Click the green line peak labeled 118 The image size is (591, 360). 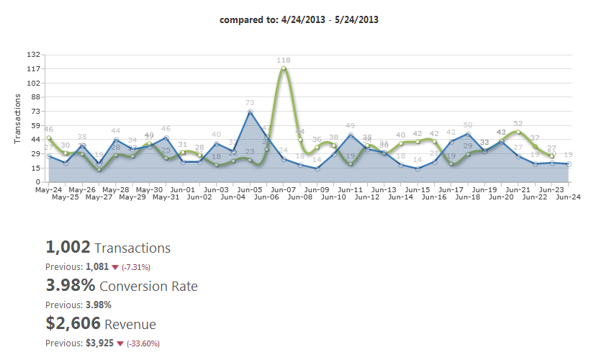point(284,68)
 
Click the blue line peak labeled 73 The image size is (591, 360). point(250,112)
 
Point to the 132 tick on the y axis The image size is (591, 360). point(34,55)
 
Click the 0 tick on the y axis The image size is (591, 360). point(38,181)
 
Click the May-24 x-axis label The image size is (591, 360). point(48,189)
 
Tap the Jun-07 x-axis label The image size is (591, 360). point(284,189)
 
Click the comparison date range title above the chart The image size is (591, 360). point(299,19)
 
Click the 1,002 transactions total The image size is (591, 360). point(68,248)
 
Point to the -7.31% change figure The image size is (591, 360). point(136,266)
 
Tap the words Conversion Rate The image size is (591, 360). point(148,286)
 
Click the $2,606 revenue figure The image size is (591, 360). point(73,324)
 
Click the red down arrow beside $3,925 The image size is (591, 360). point(120,343)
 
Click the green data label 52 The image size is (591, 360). point(518,123)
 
